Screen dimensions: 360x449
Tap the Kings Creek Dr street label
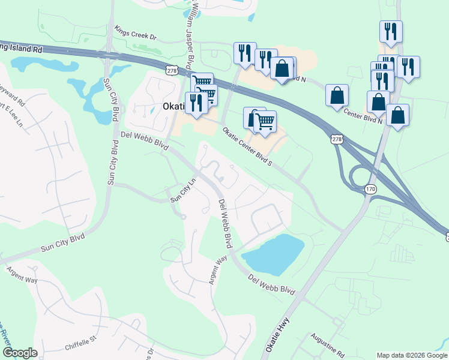point(135,32)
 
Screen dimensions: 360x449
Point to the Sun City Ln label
point(184,190)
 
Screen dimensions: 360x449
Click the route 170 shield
point(370,190)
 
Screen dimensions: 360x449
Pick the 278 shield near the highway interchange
point(337,139)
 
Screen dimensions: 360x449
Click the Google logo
point(20,353)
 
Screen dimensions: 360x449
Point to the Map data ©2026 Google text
point(411,355)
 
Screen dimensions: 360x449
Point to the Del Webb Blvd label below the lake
point(272,284)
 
